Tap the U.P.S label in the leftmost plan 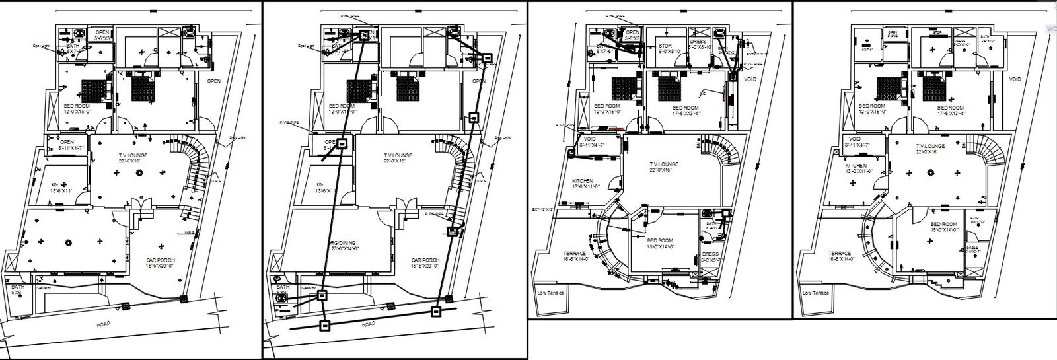point(215,180)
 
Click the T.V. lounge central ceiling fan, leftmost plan point(139,173)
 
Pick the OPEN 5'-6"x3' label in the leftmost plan point(102,35)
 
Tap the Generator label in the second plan point(308,289)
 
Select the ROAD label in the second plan point(369,324)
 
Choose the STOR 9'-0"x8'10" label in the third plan point(665,49)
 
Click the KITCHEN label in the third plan point(583,183)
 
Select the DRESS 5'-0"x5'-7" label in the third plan point(710,256)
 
